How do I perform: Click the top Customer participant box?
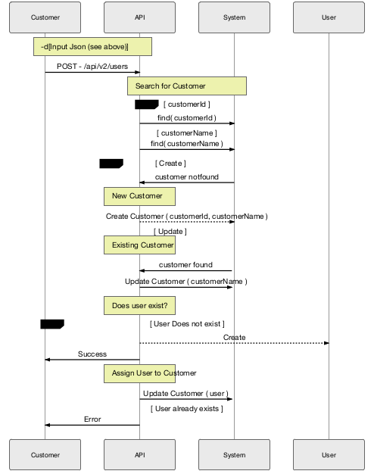[x=45, y=17]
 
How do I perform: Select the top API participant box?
[x=139, y=17]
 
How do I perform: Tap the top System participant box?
[x=234, y=17]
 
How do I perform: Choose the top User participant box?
[x=329, y=17]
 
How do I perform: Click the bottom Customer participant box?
[x=45, y=455]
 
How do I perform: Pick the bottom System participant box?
[x=234, y=455]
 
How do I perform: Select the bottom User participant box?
[x=329, y=455]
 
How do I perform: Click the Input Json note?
[x=92, y=47]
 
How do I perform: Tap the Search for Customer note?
[x=187, y=86]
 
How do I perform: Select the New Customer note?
[x=139, y=196]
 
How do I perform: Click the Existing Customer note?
[x=139, y=245]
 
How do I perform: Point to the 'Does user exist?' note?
[x=139, y=305]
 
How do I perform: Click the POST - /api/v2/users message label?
[x=92, y=67]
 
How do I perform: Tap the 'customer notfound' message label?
[x=186, y=177]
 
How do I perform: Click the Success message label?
[x=92, y=354]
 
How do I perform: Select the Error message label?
[x=92, y=419]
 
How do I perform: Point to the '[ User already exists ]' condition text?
[x=186, y=408]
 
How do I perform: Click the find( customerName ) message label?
[x=186, y=143]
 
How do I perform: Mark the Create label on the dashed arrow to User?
[x=234, y=337]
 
